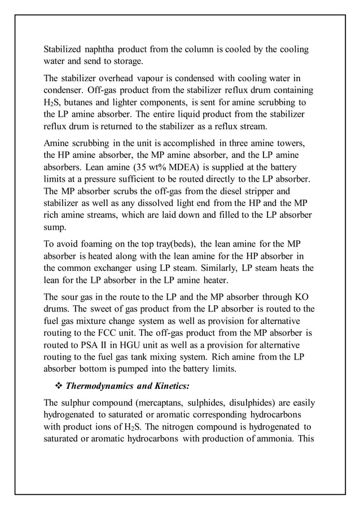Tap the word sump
tap(56, 229)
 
